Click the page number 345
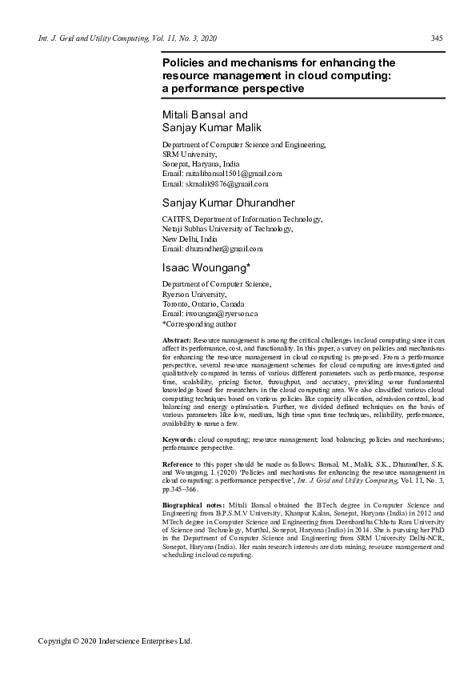[437, 38]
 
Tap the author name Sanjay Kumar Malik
[212, 127]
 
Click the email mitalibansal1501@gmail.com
[233, 173]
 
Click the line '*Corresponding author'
[199, 324]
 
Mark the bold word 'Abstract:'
[176, 340]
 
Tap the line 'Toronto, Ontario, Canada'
[203, 304]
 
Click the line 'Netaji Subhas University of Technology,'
[227, 229]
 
